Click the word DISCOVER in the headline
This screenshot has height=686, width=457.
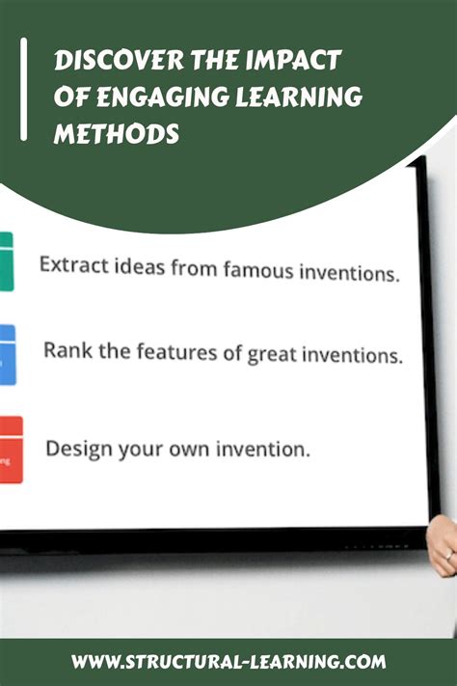(x=98, y=61)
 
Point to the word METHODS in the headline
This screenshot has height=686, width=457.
(x=116, y=132)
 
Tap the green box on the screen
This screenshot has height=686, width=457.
(x=7, y=261)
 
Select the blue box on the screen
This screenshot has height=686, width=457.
(x=7, y=354)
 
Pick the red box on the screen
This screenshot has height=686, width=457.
(x=10, y=449)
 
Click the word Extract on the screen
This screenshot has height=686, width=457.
(x=71, y=263)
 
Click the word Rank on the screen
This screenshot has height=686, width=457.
(x=67, y=349)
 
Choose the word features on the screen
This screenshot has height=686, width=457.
(x=170, y=351)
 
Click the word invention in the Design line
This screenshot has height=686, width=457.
(x=270, y=450)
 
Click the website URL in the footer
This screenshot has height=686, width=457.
(x=228, y=662)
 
